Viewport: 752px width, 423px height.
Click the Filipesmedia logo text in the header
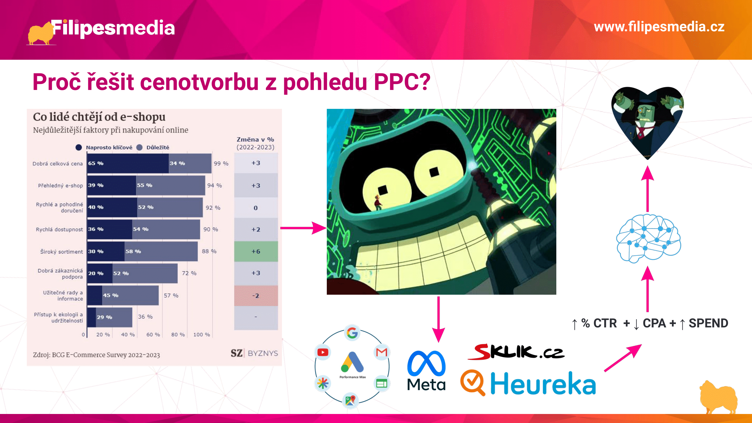pyautogui.click(x=113, y=28)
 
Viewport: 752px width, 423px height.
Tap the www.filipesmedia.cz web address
pyautogui.click(x=659, y=27)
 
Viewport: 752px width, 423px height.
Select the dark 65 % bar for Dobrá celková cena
pyautogui.click(x=128, y=163)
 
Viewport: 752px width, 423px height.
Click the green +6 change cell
pyautogui.click(x=256, y=251)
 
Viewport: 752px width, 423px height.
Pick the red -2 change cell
pyautogui.click(x=256, y=296)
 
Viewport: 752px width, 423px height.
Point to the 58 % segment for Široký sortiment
pyautogui.click(x=161, y=251)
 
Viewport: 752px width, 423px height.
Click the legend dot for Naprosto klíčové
pyautogui.click(x=79, y=147)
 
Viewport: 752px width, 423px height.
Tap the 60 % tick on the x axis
pyautogui.click(x=153, y=334)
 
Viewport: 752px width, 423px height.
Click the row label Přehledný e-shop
pyautogui.click(x=60, y=186)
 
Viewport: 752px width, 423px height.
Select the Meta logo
pyautogui.click(x=426, y=371)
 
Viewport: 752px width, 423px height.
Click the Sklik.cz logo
pyautogui.click(x=516, y=351)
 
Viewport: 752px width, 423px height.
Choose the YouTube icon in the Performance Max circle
pyautogui.click(x=323, y=352)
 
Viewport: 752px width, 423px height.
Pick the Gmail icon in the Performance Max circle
pyautogui.click(x=381, y=352)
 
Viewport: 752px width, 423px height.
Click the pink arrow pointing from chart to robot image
pyautogui.click(x=303, y=228)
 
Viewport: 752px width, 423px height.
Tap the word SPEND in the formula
pyautogui.click(x=708, y=323)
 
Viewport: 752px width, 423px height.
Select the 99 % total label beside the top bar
pyautogui.click(x=221, y=164)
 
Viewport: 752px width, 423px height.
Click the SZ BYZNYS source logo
pyautogui.click(x=254, y=353)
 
